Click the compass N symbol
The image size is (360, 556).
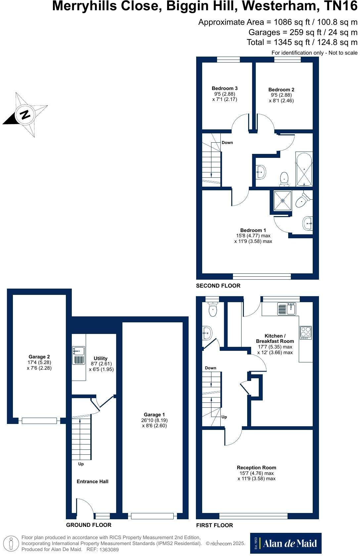[x=25, y=115]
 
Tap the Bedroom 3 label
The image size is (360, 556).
[x=225, y=88]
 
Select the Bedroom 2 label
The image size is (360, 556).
[x=281, y=90]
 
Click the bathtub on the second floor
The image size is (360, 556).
[x=304, y=169]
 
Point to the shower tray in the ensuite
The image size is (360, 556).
[x=283, y=201]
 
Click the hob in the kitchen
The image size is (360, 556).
[x=305, y=332]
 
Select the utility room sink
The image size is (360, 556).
[x=79, y=355]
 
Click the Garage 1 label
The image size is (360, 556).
[x=154, y=415]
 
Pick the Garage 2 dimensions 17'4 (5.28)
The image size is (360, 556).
[x=39, y=362]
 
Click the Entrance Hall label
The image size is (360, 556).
[x=92, y=482]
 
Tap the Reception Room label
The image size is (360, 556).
[x=256, y=468]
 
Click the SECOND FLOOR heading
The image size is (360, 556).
[x=218, y=286]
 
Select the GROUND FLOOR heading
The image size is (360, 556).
[x=89, y=525]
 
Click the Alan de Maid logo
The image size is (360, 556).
[x=286, y=543]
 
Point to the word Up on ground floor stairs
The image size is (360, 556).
[x=81, y=464]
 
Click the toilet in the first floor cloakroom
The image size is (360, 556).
[x=212, y=310]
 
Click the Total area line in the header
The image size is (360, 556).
[x=302, y=42]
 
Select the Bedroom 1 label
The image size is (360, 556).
[x=253, y=230]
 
